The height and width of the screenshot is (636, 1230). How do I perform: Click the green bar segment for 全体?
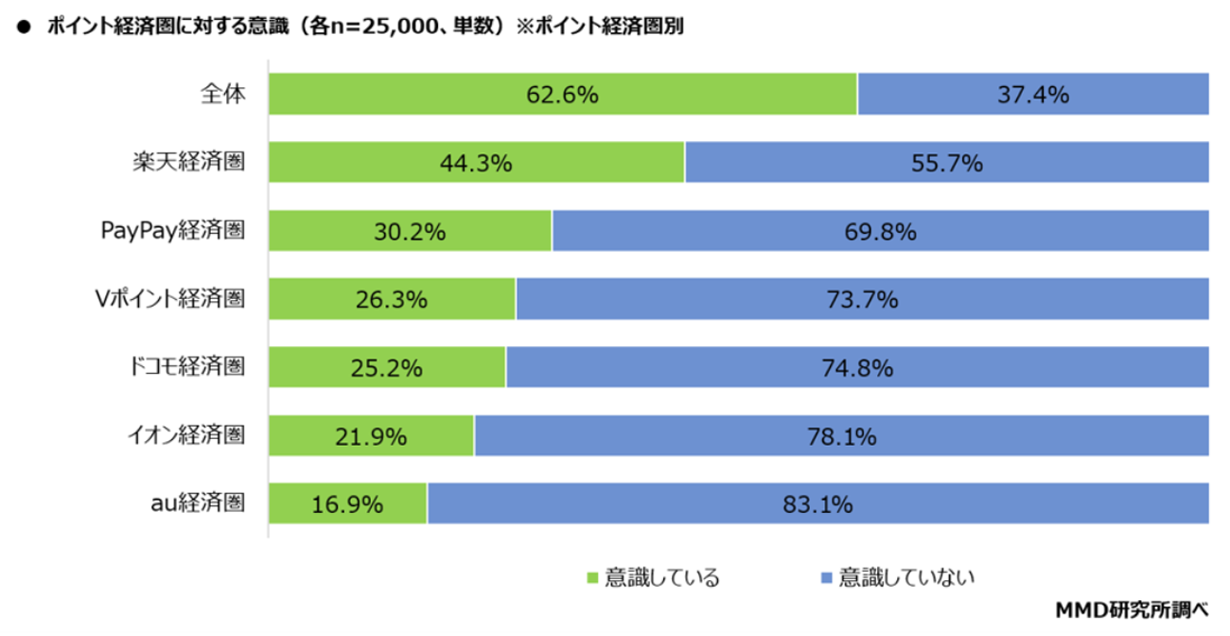(563, 94)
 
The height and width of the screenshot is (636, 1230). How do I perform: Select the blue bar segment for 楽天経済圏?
(947, 162)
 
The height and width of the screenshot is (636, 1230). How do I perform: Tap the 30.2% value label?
(410, 231)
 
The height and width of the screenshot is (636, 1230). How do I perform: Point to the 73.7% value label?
(862, 299)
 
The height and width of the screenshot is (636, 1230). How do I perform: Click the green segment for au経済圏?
(347, 503)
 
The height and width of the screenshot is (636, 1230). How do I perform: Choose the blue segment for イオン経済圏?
(842, 435)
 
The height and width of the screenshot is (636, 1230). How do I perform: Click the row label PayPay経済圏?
(172, 230)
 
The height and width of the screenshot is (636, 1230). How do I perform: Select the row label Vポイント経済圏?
(169, 299)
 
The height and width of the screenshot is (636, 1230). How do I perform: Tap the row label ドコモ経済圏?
(186, 366)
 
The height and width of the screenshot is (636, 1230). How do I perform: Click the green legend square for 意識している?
(592, 577)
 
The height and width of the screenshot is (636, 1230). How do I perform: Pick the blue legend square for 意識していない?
(826, 577)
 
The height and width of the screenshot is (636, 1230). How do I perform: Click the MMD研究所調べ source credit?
(1132, 609)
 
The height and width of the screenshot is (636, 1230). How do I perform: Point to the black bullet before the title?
(24, 26)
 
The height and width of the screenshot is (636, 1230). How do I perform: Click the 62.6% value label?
(562, 95)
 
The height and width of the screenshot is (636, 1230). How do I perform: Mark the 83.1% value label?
(817, 504)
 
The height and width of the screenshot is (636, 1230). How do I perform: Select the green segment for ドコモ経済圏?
(387, 367)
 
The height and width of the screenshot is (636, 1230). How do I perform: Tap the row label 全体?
(223, 94)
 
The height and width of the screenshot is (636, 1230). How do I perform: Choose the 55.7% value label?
(947, 163)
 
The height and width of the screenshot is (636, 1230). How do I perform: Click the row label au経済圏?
(198, 503)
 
